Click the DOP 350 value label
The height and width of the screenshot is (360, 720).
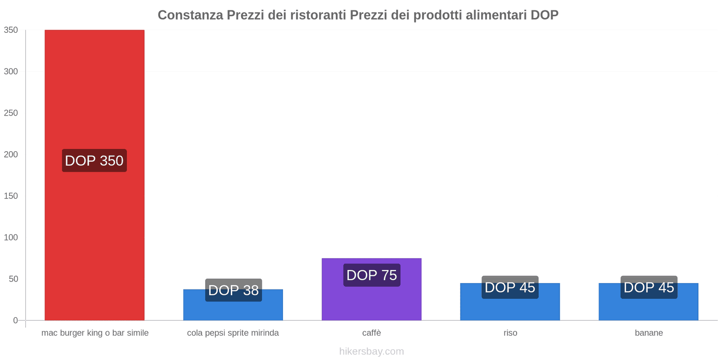tap(94, 161)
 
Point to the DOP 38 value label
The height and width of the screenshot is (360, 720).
tap(234, 290)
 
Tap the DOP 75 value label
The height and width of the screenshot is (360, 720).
tap(372, 275)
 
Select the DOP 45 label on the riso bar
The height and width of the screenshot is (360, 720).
tap(510, 287)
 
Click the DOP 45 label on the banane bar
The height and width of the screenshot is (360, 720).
tap(649, 287)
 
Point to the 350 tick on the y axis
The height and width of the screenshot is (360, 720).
tap(11, 30)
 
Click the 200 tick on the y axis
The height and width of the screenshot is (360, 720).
tap(11, 154)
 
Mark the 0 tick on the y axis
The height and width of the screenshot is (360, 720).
tap(15, 320)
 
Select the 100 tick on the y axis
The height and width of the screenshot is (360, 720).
tap(11, 237)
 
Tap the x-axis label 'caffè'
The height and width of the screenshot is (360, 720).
tap(372, 333)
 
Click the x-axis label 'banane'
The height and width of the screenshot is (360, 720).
tap(649, 333)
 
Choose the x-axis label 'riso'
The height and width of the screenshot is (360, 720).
tap(510, 333)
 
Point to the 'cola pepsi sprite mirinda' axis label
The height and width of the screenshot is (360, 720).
tap(233, 333)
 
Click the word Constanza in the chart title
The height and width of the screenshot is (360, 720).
tap(190, 15)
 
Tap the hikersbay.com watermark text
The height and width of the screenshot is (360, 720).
tap(372, 351)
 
